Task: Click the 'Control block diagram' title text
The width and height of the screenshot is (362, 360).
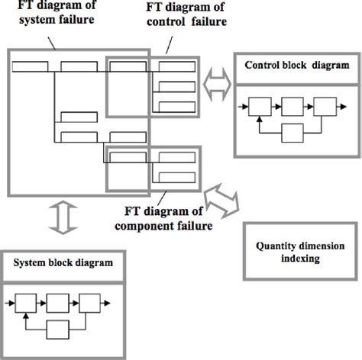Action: point(288,66)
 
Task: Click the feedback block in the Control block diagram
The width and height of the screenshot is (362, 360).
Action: point(293,133)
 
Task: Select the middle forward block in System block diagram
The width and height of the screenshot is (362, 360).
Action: point(60,303)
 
